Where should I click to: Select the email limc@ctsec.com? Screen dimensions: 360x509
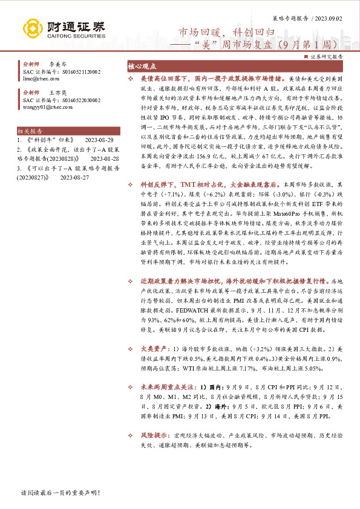42,79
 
